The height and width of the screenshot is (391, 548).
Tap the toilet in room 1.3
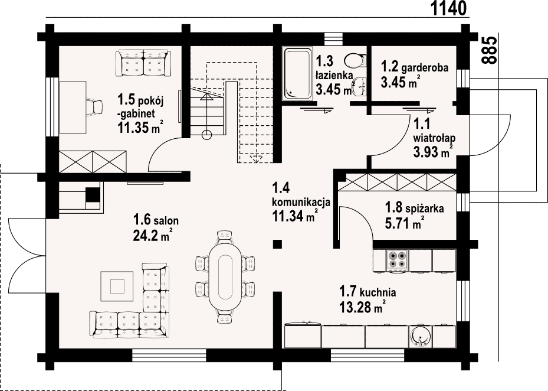355,60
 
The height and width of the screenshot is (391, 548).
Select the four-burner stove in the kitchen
398,260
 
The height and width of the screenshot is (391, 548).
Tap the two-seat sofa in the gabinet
143,63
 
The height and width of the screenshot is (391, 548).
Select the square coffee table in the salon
117,286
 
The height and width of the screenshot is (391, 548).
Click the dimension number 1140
448,8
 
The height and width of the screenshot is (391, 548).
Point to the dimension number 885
489,50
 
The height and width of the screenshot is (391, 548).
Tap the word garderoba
425,67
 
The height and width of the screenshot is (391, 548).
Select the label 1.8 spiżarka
415,208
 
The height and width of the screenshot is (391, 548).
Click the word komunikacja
301,203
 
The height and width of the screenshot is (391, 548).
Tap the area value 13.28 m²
362,307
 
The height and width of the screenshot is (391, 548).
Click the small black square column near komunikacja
277,244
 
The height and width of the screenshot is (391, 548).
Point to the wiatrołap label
434,137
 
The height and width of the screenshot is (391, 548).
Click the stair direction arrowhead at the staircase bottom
257,159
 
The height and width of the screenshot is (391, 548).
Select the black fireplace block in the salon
93,195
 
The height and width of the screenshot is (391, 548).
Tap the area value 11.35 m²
140,127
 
